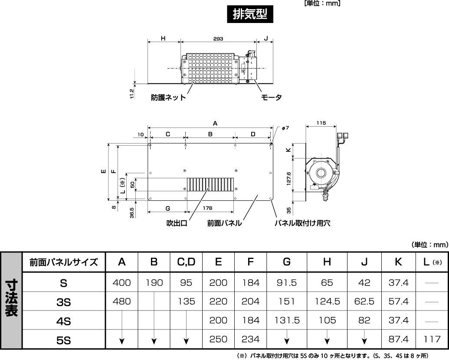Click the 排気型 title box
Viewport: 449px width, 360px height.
[x=250, y=14]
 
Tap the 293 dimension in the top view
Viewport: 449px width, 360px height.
[x=218, y=39]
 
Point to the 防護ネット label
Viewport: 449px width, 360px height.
[x=169, y=98]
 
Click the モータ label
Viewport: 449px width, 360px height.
[x=271, y=98]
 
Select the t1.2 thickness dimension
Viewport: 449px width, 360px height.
[x=132, y=93]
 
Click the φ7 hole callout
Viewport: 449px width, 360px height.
[x=285, y=128]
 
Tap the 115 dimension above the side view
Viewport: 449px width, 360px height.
[x=321, y=123]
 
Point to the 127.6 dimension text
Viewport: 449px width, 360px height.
[x=288, y=178]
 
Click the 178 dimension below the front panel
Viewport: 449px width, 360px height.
[x=208, y=208]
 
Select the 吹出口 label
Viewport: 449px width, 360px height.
[x=177, y=223]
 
